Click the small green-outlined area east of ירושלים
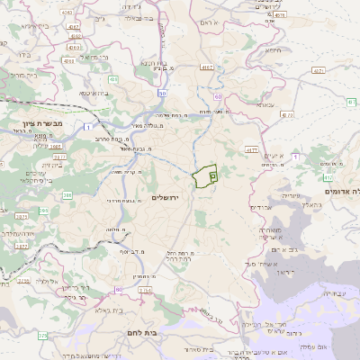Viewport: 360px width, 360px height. [205, 176]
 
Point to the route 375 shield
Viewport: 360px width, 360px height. [42, 336]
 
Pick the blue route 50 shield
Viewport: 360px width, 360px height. [163, 93]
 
